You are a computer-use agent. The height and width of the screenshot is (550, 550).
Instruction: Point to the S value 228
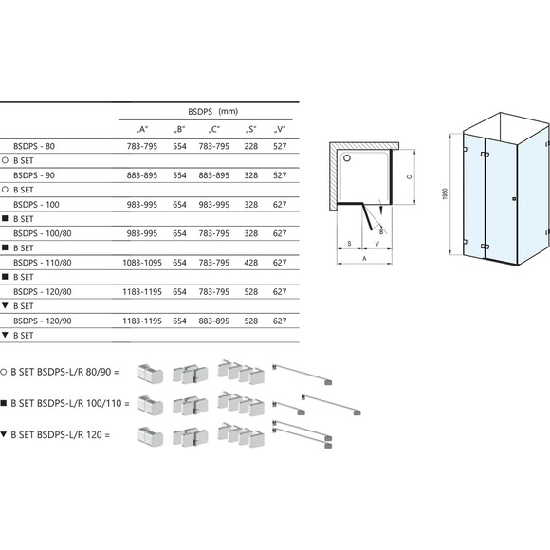tap(250, 148)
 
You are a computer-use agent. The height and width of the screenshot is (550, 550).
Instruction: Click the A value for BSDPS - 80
tap(141, 148)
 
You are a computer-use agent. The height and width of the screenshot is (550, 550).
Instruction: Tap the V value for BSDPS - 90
tap(280, 175)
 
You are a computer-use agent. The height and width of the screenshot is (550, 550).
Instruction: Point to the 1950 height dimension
tap(444, 194)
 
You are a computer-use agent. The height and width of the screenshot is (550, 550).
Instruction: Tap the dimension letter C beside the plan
tap(409, 176)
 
